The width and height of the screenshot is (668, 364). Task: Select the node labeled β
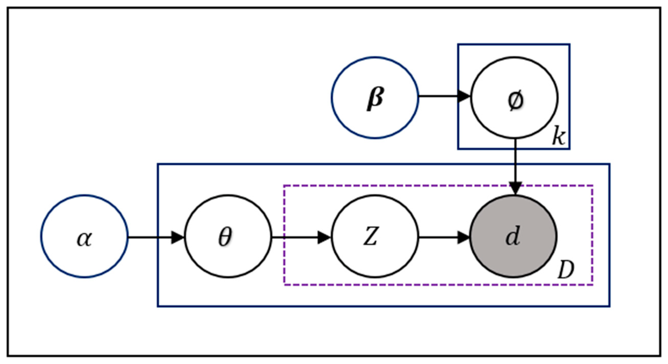click(x=375, y=98)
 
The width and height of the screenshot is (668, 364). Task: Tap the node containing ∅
click(x=514, y=98)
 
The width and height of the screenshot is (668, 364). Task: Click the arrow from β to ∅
click(x=441, y=96)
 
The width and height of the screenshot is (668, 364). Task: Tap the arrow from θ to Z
click(x=298, y=237)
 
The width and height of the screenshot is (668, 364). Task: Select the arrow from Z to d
click(x=441, y=237)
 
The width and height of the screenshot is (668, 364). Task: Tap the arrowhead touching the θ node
click(x=178, y=237)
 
